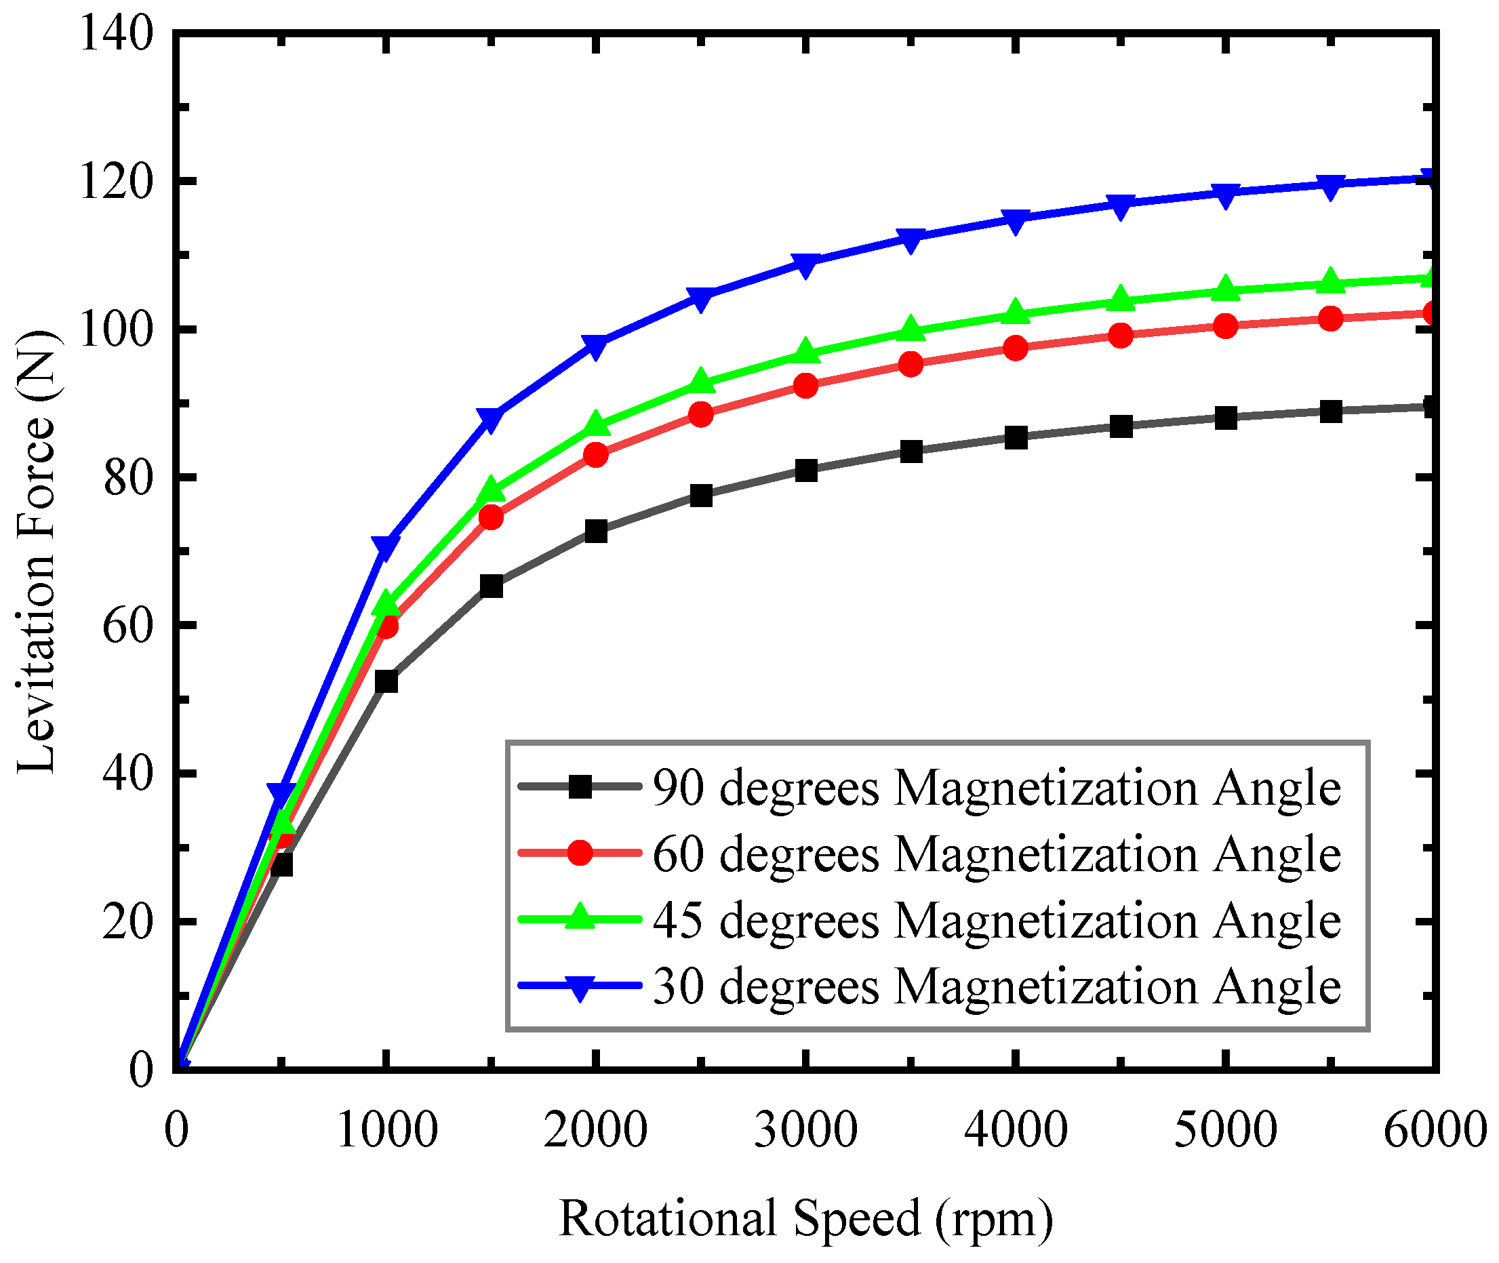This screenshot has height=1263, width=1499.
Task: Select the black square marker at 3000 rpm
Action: pos(806,470)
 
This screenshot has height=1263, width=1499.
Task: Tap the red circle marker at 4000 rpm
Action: pos(1016,348)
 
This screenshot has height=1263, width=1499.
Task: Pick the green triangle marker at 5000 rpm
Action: pos(1226,289)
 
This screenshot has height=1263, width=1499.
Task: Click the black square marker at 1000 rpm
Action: pos(386,681)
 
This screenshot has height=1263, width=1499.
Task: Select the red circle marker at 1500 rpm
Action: pos(491,517)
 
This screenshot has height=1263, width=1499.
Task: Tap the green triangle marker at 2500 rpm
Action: pos(701,382)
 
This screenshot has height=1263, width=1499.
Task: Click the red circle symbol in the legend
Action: pos(580,853)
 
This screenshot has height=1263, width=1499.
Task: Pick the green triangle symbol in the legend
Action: pos(580,919)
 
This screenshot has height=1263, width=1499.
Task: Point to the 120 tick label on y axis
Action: pos(116,181)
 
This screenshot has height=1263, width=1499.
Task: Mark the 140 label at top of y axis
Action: pos(116,33)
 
